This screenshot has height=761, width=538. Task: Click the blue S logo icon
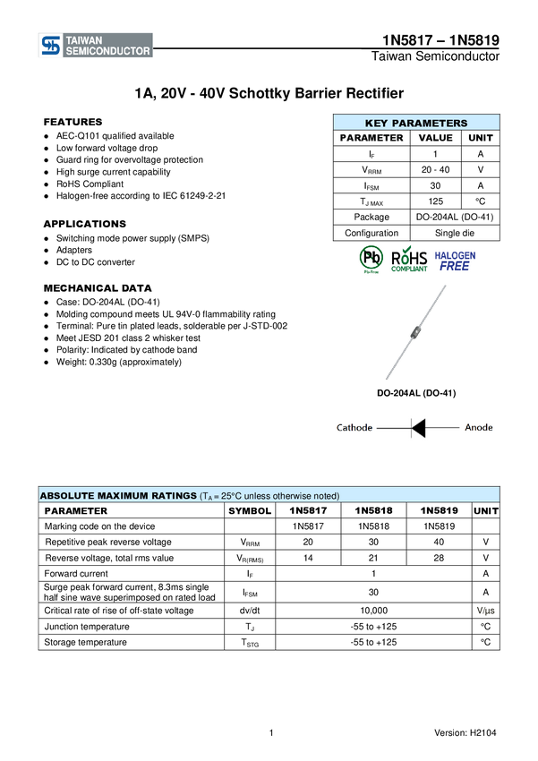[51, 46]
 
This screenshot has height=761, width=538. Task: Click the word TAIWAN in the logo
[83, 39]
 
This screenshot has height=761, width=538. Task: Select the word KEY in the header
[376, 124]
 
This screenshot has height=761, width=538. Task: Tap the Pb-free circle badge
[371, 258]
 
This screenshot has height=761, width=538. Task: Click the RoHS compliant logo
[409, 259]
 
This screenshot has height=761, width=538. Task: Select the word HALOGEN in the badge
[456, 255]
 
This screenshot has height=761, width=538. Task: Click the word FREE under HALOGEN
[455, 267]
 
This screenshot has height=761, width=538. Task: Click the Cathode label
[354, 428]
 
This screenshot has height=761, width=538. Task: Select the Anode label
[479, 428]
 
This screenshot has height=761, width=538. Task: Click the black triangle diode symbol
[418, 428]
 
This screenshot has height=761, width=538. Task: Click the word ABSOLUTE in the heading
[67, 496]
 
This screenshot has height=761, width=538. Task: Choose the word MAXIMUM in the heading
[122, 496]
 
